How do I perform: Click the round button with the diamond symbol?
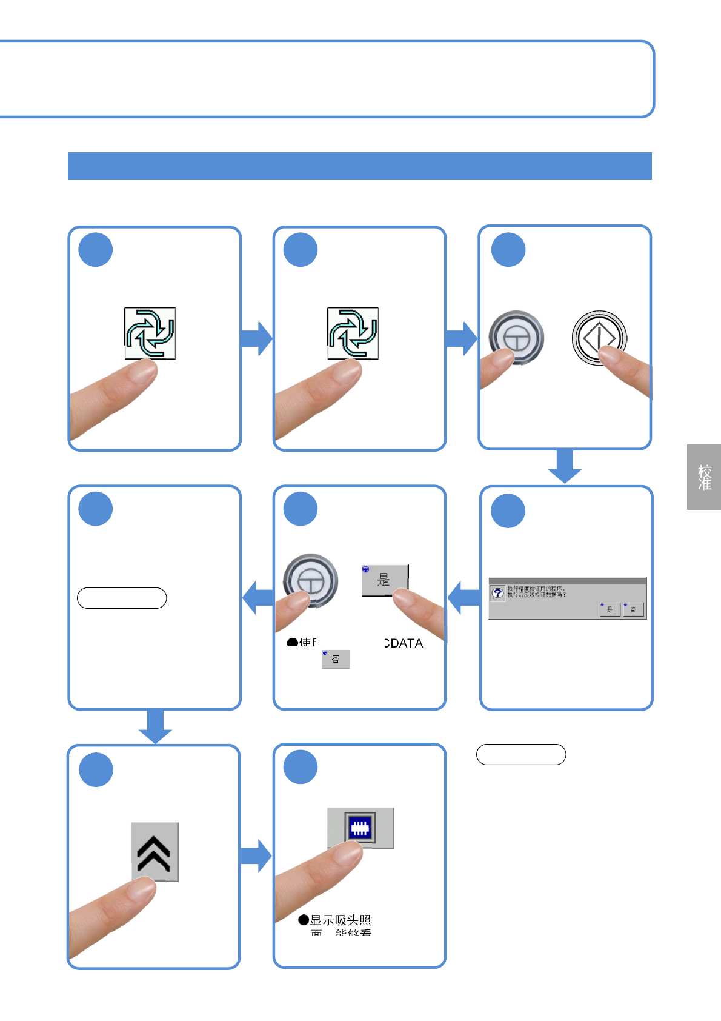tap(599, 338)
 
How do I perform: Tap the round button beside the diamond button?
tap(516, 338)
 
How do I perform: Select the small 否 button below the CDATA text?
tap(336, 659)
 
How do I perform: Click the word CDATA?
tap(404, 643)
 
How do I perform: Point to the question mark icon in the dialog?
tap(497, 593)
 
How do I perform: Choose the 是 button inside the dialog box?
tap(610, 609)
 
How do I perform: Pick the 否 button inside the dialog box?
tap(633, 609)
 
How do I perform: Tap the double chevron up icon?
tap(154, 852)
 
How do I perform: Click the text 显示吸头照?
tap(340, 920)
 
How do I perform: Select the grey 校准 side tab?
tap(704, 477)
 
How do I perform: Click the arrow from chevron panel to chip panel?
tap(256, 855)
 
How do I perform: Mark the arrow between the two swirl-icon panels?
tap(257, 338)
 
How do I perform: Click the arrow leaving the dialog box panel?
tap(463, 598)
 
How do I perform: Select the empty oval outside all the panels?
tap(521, 754)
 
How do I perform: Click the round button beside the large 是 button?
tap(310, 580)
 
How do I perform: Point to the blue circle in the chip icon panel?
tap(301, 767)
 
